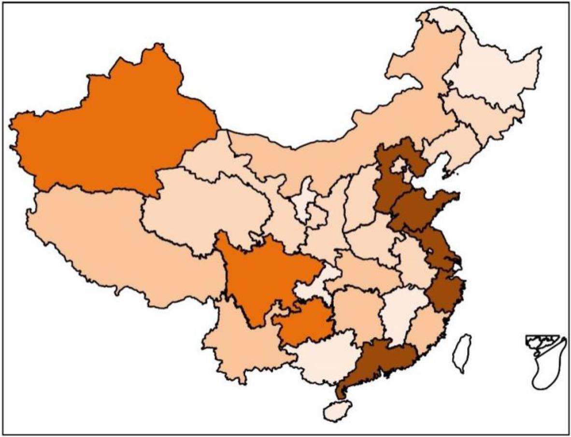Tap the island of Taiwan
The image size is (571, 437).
click(461, 352)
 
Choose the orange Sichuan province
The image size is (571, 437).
click(261, 275)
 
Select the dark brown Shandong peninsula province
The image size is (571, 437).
click(420, 208)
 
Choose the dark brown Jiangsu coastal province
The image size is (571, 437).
click(437, 246)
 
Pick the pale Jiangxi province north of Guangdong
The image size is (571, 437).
click(399, 314)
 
